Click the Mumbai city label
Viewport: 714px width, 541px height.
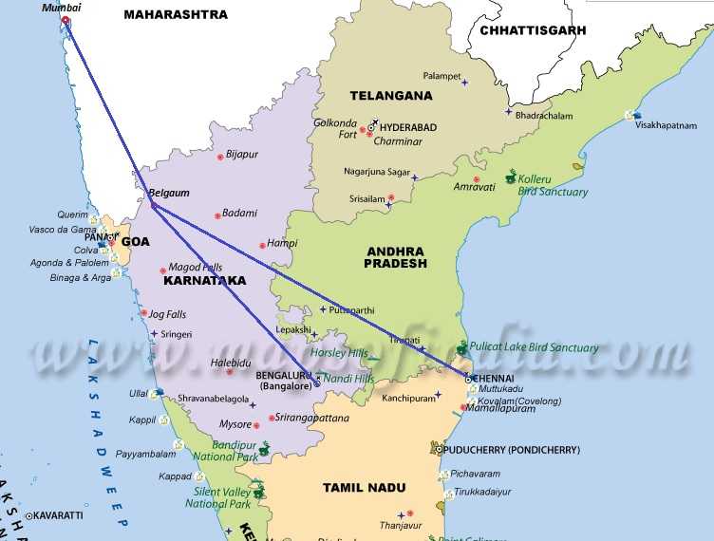pyautogui.click(x=62, y=7)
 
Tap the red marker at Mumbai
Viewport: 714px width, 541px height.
pyautogui.click(x=65, y=20)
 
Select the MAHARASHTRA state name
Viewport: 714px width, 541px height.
pyautogui.click(x=177, y=14)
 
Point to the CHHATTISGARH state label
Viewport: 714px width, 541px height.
pyautogui.click(x=533, y=30)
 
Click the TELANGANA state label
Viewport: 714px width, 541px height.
pyautogui.click(x=390, y=95)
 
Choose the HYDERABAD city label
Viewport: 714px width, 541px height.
pyautogui.click(x=408, y=127)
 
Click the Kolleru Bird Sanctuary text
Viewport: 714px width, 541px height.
pyautogui.click(x=554, y=184)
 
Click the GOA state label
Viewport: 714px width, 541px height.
pyautogui.click(x=135, y=242)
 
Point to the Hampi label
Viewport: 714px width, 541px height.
pyautogui.click(x=255, y=243)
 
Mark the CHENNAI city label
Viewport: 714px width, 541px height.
pyautogui.click(x=498, y=378)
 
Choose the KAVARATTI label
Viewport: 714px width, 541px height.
pyautogui.click(x=60, y=515)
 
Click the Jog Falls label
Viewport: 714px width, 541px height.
pyautogui.click(x=172, y=312)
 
